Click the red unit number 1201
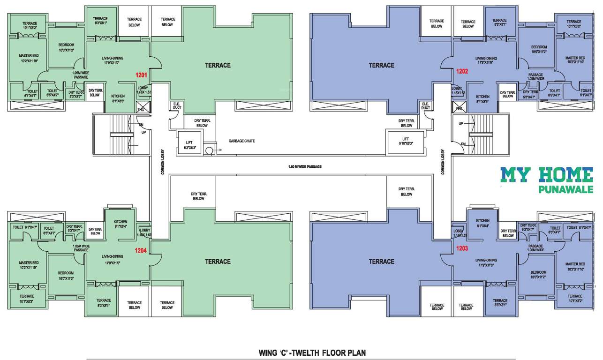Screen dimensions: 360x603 142,75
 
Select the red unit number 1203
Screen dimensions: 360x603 462,248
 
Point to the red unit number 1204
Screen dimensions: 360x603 141,250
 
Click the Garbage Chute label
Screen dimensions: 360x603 241,141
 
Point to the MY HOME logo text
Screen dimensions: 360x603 546,175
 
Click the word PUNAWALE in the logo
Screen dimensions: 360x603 566,190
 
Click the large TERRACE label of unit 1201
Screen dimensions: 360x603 218,65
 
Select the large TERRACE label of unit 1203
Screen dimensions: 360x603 381,262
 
